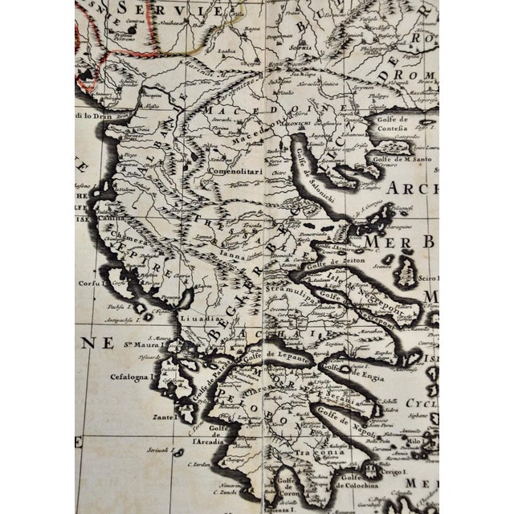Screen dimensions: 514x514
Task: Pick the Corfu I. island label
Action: (x=92, y=284)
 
